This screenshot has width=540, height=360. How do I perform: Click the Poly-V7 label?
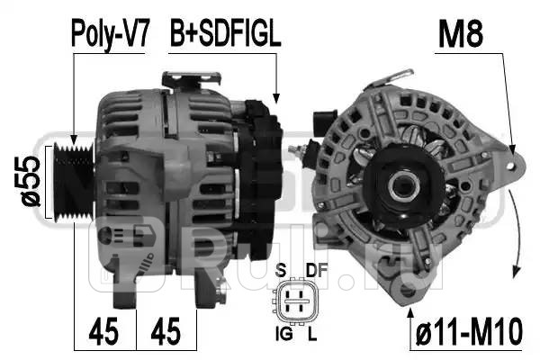click(110, 34)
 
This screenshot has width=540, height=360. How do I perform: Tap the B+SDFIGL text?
click(226, 34)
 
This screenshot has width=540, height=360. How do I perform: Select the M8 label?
click(461, 34)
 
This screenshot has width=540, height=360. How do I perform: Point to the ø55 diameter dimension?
click(30, 182)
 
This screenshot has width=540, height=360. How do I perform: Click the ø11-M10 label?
click(469, 332)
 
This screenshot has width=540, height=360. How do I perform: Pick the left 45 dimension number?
click(103, 331)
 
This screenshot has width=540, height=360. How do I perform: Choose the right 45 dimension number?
click(166, 331)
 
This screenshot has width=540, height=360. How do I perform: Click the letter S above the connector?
click(281, 270)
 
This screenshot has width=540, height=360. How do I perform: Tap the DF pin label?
click(317, 270)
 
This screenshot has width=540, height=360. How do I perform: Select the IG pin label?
click(283, 334)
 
